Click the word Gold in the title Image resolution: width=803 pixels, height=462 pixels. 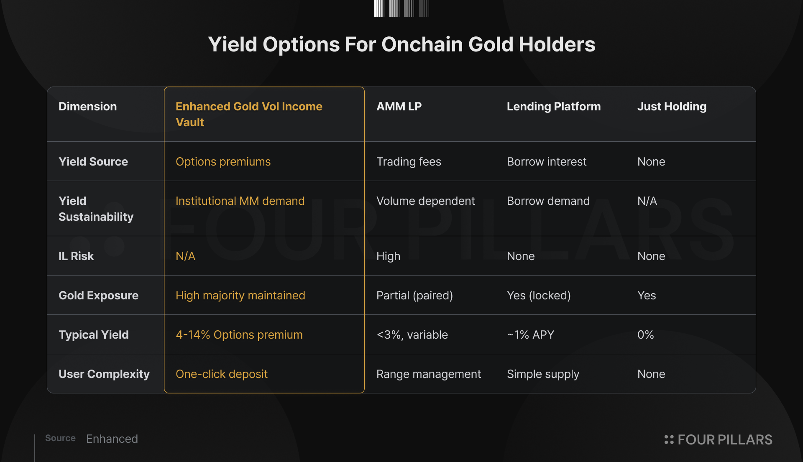point(491,44)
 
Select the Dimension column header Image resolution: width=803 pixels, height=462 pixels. point(87,107)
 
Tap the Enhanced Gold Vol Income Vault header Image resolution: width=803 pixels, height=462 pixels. point(249,114)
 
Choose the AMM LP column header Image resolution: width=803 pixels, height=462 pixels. point(399,107)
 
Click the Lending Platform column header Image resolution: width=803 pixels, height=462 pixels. point(554,107)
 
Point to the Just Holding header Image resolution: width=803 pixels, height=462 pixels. point(672,107)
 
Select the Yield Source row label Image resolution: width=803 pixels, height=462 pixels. point(93,162)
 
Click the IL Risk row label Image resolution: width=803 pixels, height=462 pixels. point(76,256)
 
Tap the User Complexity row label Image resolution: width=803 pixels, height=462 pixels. point(104,374)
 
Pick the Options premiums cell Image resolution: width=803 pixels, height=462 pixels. point(223,162)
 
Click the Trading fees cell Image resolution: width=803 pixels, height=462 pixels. point(409,162)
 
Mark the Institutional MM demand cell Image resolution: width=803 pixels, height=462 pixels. point(240,201)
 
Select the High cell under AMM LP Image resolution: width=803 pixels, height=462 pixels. point(388,256)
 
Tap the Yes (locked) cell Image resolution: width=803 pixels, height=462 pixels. point(539,296)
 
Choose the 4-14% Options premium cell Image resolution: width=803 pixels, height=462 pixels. point(239,335)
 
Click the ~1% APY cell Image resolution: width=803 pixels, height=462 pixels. point(530,335)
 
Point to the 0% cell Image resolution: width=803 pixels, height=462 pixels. point(645,335)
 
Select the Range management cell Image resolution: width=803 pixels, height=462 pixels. point(429,374)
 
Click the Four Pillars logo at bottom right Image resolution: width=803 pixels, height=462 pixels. point(718,440)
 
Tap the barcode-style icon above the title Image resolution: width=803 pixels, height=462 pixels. point(401,8)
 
